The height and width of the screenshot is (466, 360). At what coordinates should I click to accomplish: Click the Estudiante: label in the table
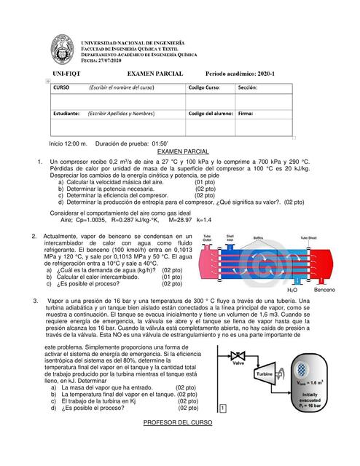(66, 114)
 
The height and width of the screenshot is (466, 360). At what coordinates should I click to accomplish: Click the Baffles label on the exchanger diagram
(258, 237)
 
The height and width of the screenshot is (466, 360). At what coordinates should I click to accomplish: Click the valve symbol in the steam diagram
(237, 356)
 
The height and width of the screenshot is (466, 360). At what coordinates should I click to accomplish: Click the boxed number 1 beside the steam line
(222, 408)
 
